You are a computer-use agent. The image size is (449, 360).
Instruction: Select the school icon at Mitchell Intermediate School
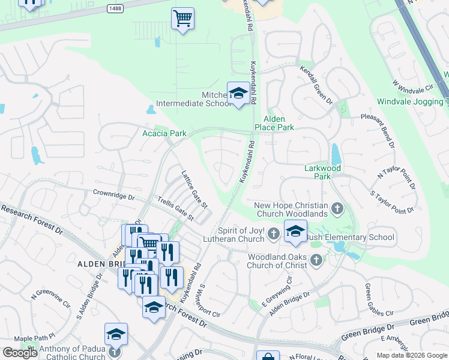238,94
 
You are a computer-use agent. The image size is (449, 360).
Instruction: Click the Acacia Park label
164,133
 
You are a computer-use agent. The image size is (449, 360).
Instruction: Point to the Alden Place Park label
274,124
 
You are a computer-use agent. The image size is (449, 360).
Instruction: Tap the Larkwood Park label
322,173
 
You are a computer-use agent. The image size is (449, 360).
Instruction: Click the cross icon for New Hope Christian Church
337,209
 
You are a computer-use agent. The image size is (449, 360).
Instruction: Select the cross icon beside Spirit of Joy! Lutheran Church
274,233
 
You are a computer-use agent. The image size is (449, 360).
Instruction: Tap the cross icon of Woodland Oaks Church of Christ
316,260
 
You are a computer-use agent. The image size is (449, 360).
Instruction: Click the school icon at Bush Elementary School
295,231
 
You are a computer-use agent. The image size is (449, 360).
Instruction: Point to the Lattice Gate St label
194,189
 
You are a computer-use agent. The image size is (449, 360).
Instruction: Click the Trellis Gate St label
175,208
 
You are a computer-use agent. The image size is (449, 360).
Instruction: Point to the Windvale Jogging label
413,102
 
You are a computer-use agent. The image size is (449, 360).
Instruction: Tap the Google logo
20,353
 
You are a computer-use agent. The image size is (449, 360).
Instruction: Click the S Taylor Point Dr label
393,203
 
